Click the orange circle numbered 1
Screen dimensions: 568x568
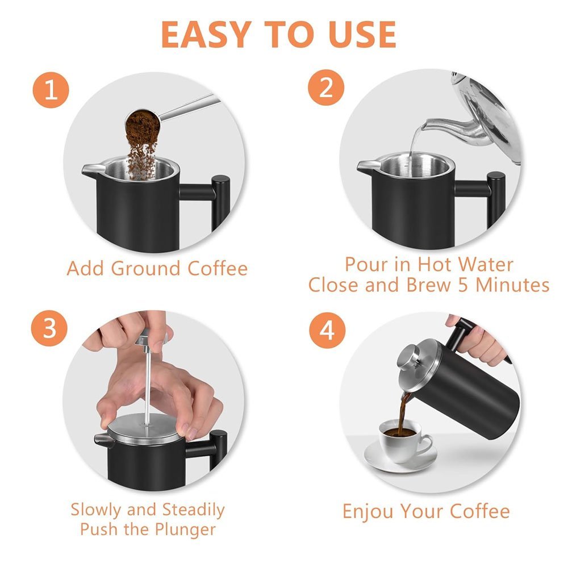[51, 90]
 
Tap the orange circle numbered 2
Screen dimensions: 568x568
[326, 87]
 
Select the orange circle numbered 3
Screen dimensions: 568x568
[49, 328]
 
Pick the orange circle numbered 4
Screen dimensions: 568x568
[327, 331]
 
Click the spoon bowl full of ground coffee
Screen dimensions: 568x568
[143, 123]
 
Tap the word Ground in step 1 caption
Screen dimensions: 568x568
[145, 269]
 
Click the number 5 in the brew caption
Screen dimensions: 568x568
[463, 285]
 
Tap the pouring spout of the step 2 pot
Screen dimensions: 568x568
[366, 166]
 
